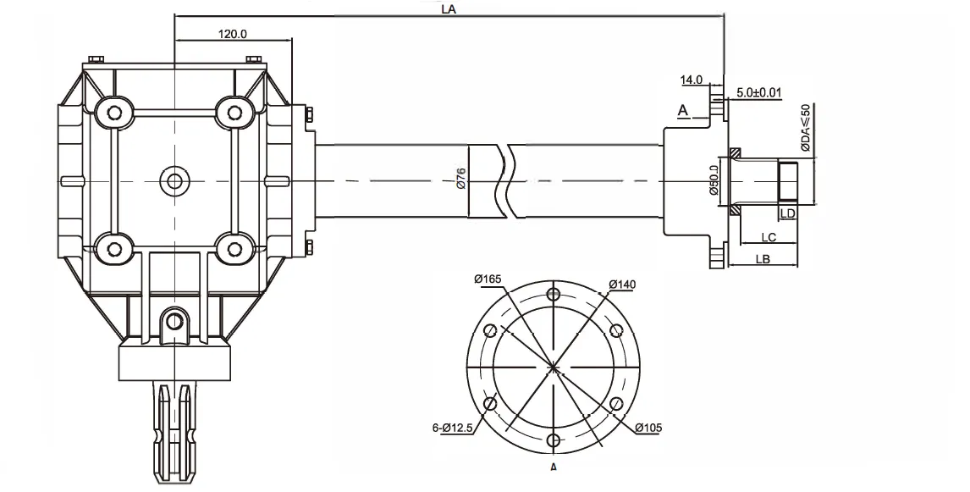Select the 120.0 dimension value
click(232, 35)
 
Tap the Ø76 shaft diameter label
click(461, 180)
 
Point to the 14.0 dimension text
click(692, 80)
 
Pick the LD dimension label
click(787, 213)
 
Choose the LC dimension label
click(768, 237)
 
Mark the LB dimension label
click(762, 260)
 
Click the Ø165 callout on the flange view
click(489, 279)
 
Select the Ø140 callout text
click(622, 284)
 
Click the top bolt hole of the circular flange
click(554, 295)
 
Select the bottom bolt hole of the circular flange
click(554, 440)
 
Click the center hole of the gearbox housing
click(174, 180)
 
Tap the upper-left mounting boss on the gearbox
click(111, 110)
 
